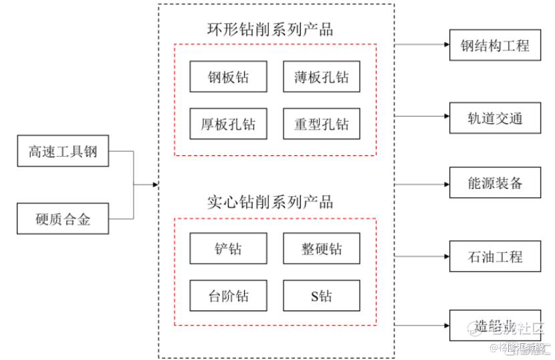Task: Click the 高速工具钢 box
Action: pos(63,151)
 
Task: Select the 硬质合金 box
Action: pos(63,218)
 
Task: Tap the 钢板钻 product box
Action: pos(228,77)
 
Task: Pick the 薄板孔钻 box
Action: pos(321,77)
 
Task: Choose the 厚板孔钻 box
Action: pos(228,124)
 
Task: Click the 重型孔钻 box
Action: pos(321,124)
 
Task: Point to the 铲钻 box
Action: pos(228,248)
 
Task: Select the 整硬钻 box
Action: pos(321,248)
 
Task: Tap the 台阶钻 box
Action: pos(228,295)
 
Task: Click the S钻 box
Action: pos(321,295)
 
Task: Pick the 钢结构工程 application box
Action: pos(495,46)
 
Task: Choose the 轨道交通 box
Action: pos(495,119)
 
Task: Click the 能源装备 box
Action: pos(495,183)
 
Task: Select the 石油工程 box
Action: pos(495,256)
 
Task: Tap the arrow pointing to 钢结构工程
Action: pos(421,46)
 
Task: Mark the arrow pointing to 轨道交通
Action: pos(421,116)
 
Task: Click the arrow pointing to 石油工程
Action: pos(421,256)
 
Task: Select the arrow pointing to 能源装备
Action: pos(421,183)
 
